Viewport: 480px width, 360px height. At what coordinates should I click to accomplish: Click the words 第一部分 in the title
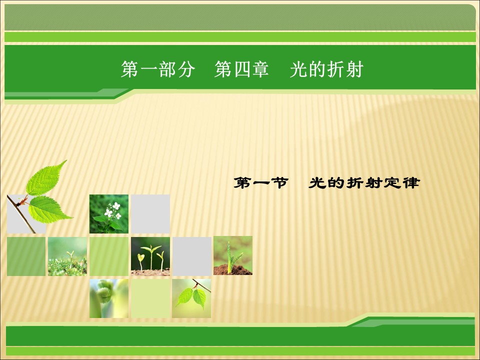(157, 70)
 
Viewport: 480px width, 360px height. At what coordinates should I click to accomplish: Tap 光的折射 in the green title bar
(326, 70)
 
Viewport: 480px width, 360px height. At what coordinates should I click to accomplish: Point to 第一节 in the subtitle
(260, 183)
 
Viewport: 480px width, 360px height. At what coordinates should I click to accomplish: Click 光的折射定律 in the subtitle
(363, 183)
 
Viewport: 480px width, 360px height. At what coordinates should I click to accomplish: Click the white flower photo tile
(109, 214)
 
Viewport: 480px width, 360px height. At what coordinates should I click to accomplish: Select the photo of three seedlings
(150, 256)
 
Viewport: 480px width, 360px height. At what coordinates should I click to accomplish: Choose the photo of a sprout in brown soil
(233, 255)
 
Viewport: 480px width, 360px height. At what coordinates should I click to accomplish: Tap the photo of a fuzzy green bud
(109, 298)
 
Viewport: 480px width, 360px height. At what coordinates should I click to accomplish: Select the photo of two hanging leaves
(191, 298)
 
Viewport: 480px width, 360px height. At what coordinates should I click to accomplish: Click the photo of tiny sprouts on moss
(67, 256)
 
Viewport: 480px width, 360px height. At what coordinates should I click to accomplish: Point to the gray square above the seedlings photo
(150, 214)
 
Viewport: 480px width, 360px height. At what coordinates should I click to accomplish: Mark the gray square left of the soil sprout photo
(192, 256)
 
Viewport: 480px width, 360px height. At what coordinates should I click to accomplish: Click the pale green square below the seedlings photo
(150, 298)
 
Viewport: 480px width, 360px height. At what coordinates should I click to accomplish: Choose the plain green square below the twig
(26, 256)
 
